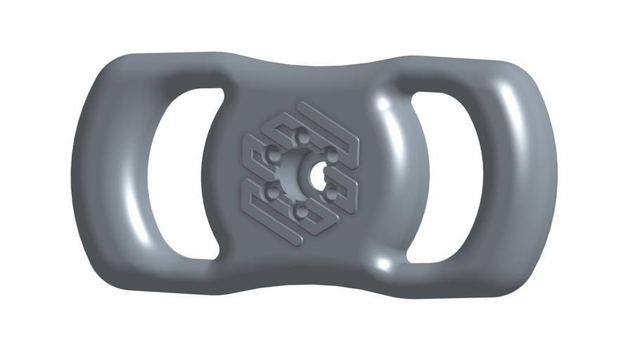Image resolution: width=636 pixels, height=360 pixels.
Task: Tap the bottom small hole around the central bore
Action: coord(301,210)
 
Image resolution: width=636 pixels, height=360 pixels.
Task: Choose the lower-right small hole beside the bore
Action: coord(330,191)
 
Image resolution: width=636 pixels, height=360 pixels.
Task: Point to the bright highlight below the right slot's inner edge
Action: coord(383,264)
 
